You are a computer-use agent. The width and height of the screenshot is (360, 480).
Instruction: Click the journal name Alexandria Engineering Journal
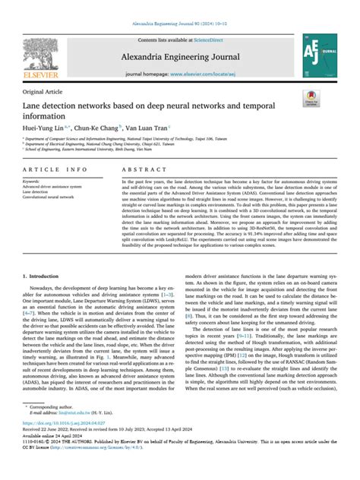click(x=180, y=55)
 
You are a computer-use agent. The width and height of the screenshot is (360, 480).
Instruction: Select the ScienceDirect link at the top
click(x=214, y=38)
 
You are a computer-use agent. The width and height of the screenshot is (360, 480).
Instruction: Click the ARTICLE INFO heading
click(x=49, y=170)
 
